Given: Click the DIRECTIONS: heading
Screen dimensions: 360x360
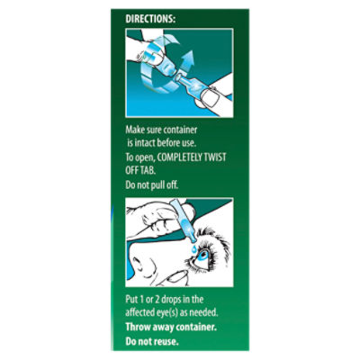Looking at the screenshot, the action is tap(150, 19).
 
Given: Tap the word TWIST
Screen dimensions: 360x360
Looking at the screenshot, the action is tap(214, 157).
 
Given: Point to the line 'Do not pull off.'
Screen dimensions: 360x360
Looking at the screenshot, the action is tap(152, 184).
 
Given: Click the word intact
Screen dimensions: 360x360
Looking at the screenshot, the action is tap(145, 143).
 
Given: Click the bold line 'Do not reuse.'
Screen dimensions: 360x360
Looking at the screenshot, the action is tap(152, 341).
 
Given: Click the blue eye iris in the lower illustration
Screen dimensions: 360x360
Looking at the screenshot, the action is tap(202, 256).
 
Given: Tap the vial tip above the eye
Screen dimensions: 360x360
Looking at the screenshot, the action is tap(193, 240).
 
